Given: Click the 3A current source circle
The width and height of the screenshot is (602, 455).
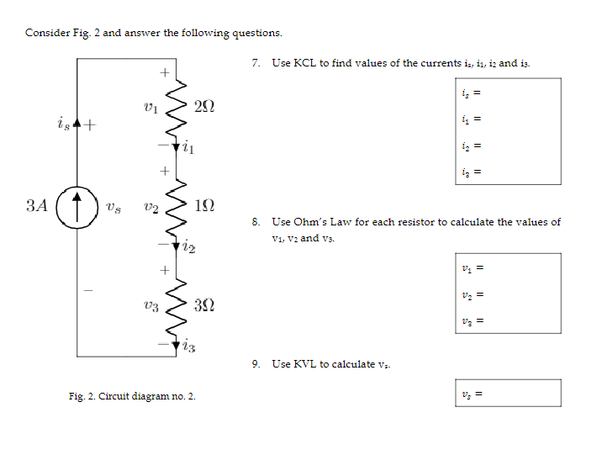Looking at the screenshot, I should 77,205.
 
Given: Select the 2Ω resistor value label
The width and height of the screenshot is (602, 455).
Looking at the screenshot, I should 203,107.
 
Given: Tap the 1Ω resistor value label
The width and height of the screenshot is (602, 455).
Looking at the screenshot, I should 203,205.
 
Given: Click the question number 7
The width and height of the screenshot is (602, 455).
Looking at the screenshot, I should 256,64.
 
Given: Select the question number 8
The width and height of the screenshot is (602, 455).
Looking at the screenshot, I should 256,222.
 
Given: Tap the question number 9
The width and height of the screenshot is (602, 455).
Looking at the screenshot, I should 256,364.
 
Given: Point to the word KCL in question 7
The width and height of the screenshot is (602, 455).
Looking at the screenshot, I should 304,64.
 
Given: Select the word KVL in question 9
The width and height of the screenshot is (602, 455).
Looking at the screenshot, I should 304,364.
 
